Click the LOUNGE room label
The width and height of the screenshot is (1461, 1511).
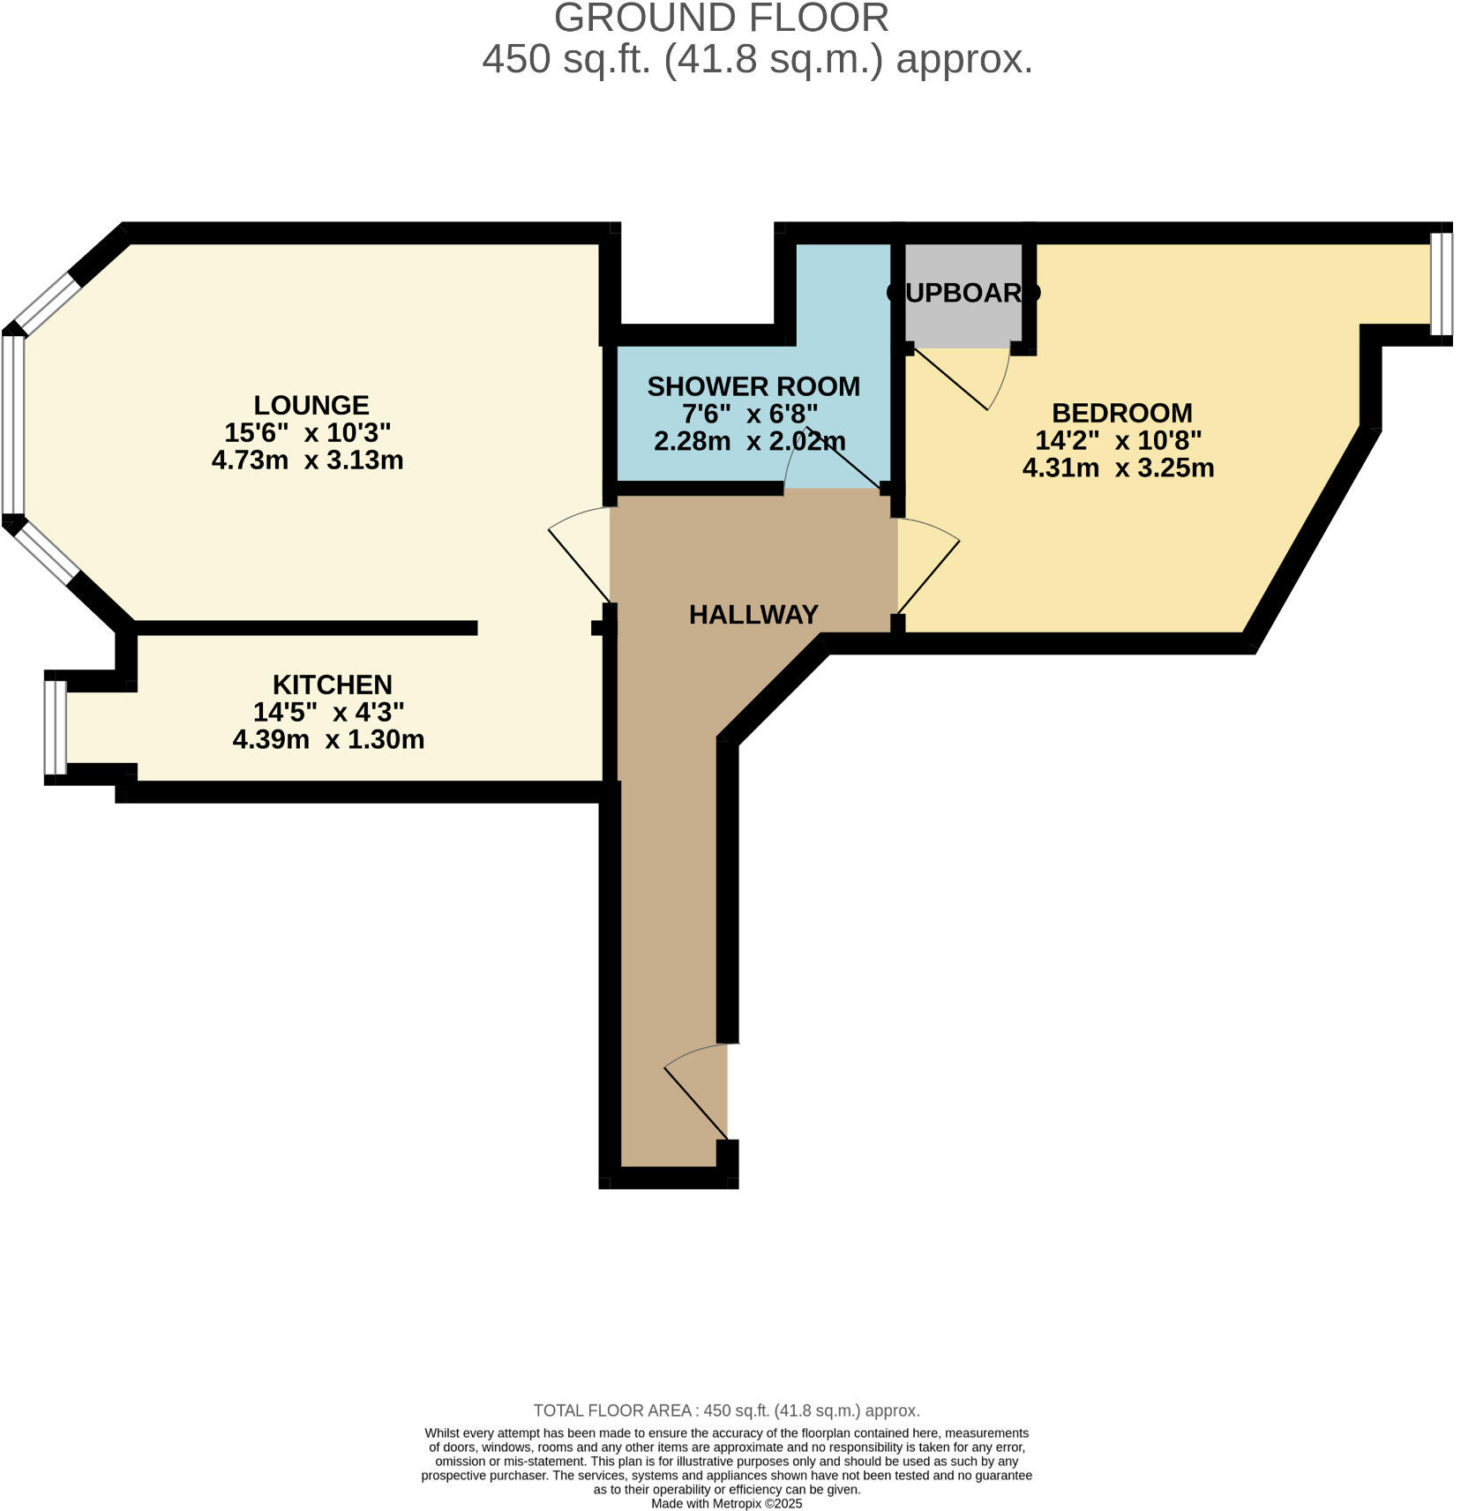[311, 405]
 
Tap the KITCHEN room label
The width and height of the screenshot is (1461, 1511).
[333, 684]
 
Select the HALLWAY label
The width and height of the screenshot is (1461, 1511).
[753, 615]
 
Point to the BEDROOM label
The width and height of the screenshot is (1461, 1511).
[1122, 413]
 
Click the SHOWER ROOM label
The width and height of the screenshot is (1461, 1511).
[753, 386]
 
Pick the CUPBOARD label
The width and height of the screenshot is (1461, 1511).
[963, 293]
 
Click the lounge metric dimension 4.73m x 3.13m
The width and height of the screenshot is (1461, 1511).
[308, 460]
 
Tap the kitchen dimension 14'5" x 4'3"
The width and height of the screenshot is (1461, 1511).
[329, 712]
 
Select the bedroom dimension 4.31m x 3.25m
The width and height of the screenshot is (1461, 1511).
[1119, 468]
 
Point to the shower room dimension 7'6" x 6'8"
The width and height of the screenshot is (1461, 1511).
[751, 414]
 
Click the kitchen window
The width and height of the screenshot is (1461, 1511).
[56, 728]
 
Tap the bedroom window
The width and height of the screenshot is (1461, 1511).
[1442, 284]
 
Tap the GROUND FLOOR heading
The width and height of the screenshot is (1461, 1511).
[722, 19]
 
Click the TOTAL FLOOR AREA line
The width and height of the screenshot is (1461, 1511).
[726, 1410]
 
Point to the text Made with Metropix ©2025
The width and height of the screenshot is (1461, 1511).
[727, 1503]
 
